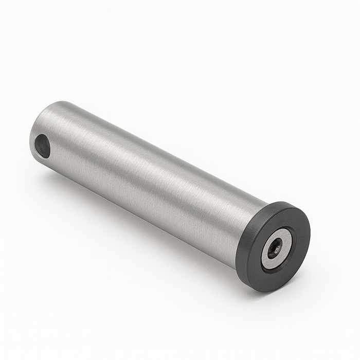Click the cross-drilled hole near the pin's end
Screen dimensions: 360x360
tap(43, 146)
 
